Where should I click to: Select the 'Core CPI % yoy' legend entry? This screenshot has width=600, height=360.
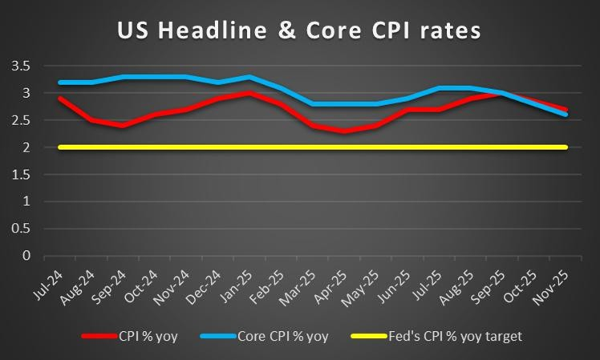[281, 336]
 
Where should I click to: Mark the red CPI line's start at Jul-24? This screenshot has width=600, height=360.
[60, 98]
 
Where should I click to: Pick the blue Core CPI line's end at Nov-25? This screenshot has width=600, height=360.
[566, 115]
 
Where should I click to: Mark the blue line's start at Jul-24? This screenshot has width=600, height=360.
[60, 82]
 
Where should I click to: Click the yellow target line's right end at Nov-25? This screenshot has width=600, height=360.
[566, 147]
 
